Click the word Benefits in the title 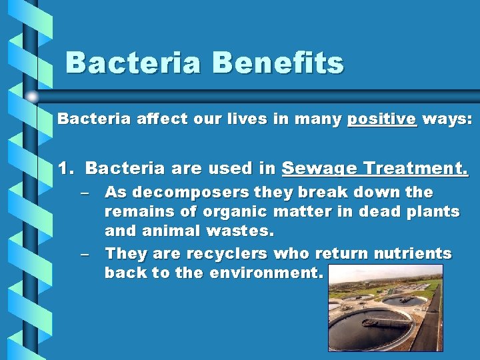click(x=278, y=63)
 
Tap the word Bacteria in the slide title click(x=133, y=63)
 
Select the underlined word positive click(x=382, y=120)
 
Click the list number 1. click(x=65, y=169)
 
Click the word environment click(x=267, y=273)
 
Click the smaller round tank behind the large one click(x=403, y=301)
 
